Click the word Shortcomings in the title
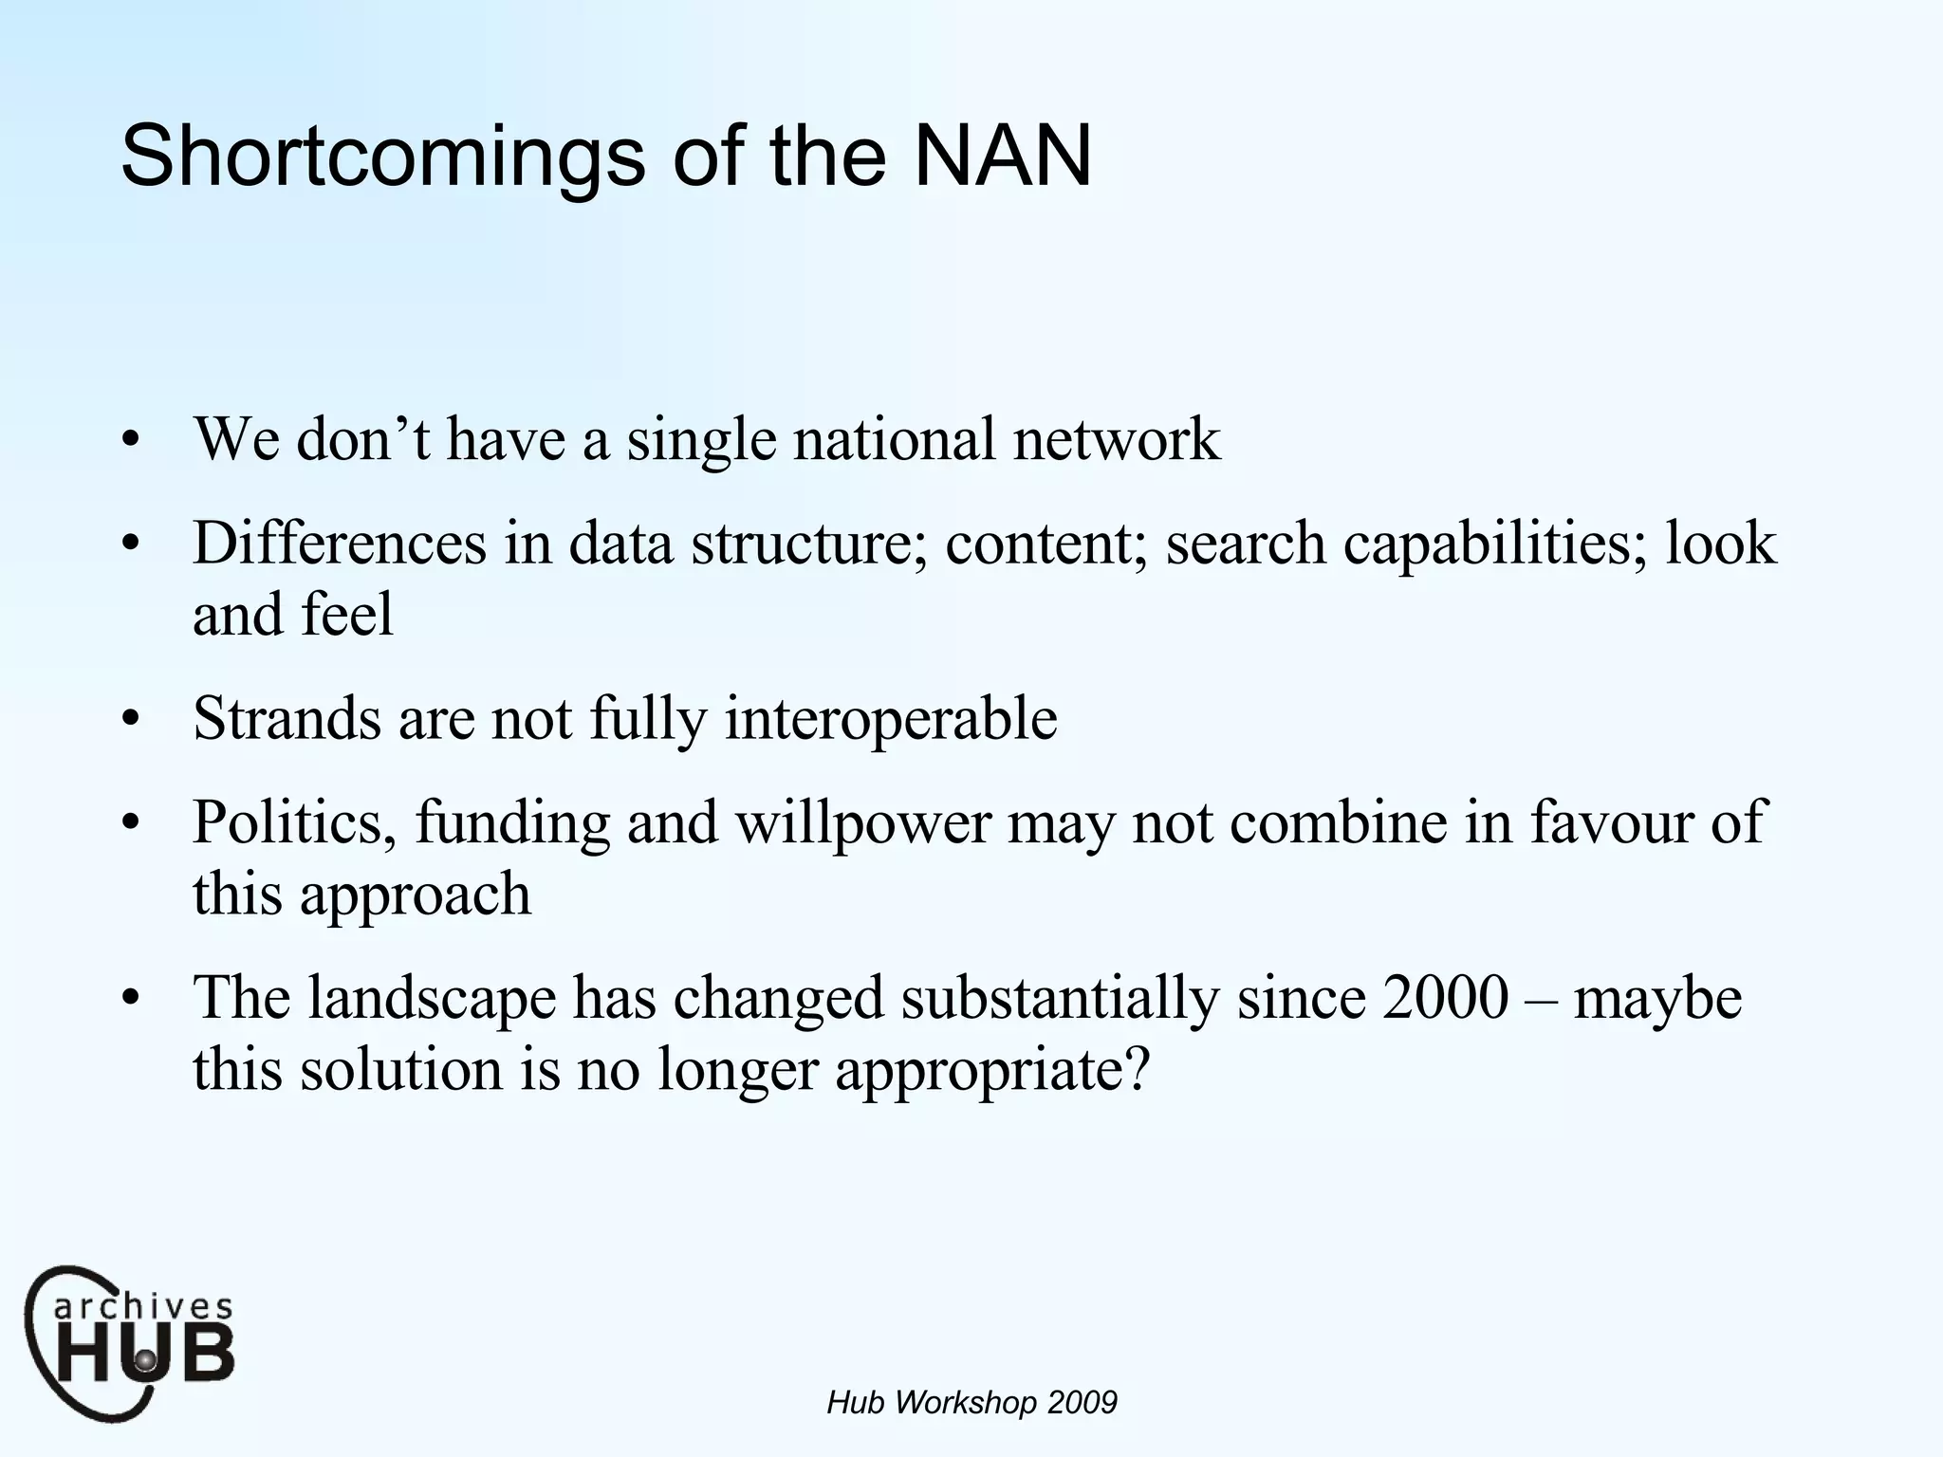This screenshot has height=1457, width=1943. pos(383,157)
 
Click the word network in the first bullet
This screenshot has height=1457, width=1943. pos(1116,439)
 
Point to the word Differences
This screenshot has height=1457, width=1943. pos(340,544)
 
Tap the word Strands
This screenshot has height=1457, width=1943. pos(287,718)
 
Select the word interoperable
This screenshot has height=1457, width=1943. pos(891,718)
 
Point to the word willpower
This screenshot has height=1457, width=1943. pos(862,822)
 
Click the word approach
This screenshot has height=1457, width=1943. pos(416,894)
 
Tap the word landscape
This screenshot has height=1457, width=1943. pos(432,999)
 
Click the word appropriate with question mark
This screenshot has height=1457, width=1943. pos(992,1070)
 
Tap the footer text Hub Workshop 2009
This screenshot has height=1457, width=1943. pos(971,1402)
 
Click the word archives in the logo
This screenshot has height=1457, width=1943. pos(142,1307)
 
